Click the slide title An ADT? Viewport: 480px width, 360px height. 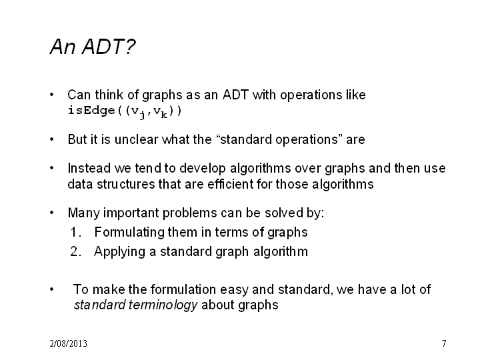click(x=93, y=47)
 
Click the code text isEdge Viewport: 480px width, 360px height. click(x=91, y=110)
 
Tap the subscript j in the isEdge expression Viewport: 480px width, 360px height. click(x=142, y=115)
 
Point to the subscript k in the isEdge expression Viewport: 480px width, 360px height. click(x=164, y=115)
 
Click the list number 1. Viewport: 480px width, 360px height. click(x=75, y=233)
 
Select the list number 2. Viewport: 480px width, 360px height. click(x=75, y=251)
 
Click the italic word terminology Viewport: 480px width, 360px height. click(x=163, y=305)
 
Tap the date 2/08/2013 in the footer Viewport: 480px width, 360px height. click(x=68, y=343)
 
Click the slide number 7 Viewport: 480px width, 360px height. click(x=444, y=343)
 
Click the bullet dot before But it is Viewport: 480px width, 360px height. click(x=52, y=140)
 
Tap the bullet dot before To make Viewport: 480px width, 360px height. click(x=52, y=289)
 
